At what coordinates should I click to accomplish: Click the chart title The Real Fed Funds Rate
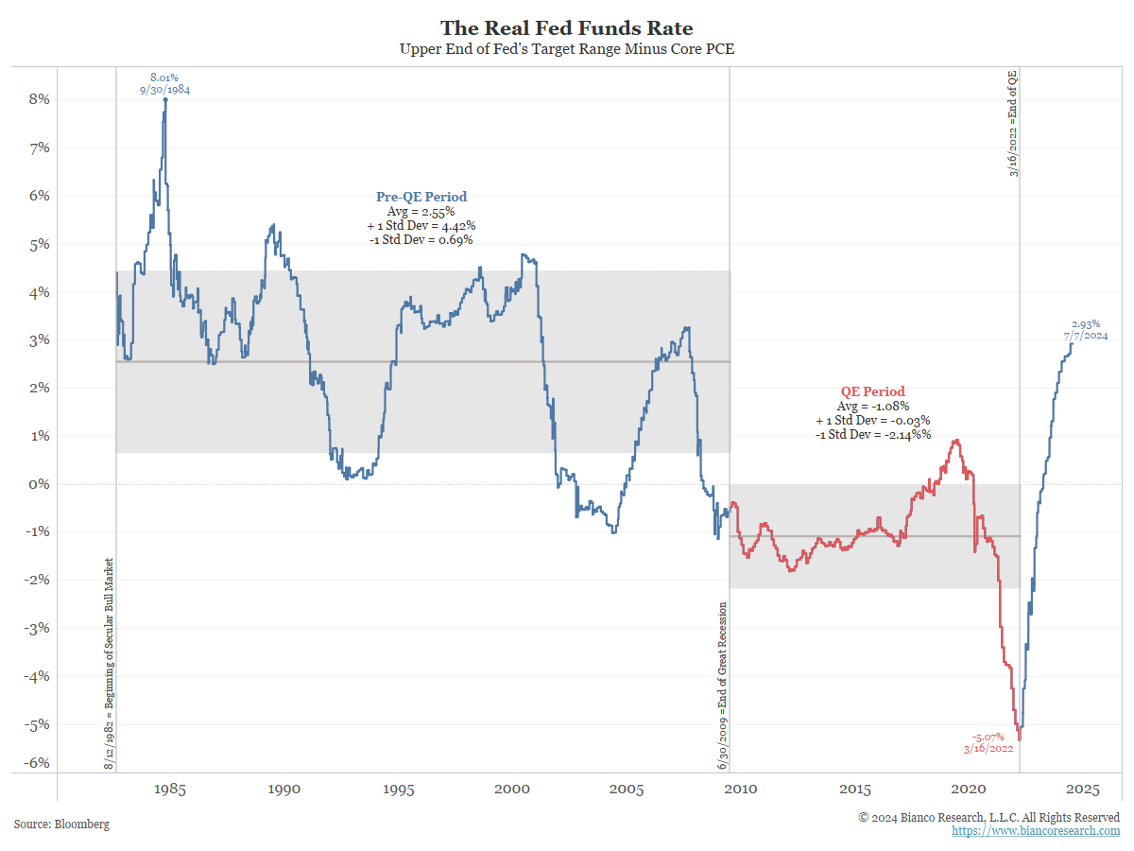click(567, 28)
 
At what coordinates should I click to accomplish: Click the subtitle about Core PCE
click(567, 49)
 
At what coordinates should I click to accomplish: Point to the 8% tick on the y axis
click(39, 99)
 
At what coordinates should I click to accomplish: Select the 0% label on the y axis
click(39, 484)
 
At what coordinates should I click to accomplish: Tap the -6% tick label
click(37, 763)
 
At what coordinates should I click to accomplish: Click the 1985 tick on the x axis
click(171, 790)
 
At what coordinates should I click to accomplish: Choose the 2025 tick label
click(1082, 790)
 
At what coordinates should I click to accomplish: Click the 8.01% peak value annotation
click(164, 77)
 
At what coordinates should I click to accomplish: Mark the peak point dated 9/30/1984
click(165, 99)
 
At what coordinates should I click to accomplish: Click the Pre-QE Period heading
click(421, 197)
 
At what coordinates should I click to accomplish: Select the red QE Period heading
click(872, 391)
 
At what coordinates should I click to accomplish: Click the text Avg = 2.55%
click(421, 212)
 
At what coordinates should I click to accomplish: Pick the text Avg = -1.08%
click(873, 406)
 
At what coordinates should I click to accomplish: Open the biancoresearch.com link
click(1036, 830)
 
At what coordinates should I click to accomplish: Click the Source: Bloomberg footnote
click(61, 825)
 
